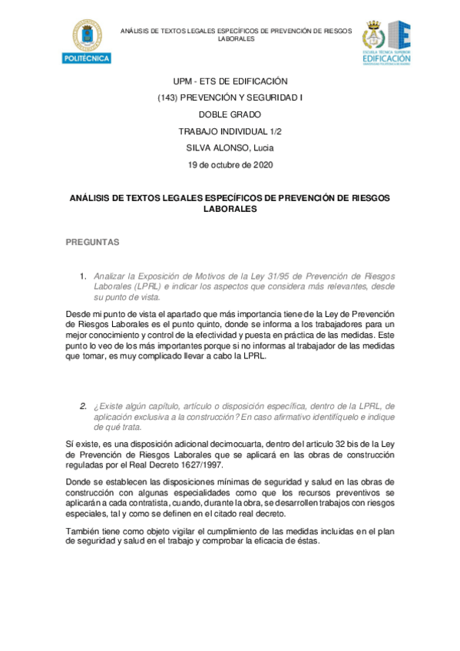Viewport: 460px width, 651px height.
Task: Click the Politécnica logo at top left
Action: point(85,42)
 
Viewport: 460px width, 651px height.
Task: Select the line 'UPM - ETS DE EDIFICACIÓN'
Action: point(230,81)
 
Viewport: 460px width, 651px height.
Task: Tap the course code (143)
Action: point(168,97)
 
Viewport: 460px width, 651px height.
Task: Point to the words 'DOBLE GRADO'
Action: point(230,114)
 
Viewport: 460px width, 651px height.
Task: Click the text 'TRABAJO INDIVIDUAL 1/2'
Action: point(230,131)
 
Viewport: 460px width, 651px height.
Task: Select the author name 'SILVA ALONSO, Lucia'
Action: point(230,147)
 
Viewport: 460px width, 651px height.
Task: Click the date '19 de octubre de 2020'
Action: point(230,164)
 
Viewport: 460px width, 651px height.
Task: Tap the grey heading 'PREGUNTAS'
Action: point(92,242)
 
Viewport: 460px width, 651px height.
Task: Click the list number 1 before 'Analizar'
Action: point(83,276)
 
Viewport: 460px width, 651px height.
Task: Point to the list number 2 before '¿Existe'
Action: point(83,405)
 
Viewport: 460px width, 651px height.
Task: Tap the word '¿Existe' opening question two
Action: point(108,405)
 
